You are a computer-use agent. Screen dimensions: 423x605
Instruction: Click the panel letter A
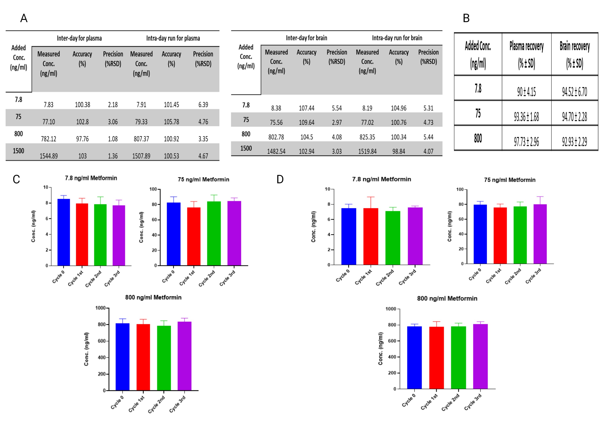[24, 18]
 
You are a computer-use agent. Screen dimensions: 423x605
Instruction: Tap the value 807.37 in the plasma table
[141, 139]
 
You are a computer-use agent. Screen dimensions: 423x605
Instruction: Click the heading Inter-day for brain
[307, 38]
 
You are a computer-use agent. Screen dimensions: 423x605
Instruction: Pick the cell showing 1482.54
[276, 151]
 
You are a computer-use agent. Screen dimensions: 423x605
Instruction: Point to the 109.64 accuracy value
[307, 122]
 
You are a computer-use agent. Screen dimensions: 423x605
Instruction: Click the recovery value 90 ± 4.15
[526, 92]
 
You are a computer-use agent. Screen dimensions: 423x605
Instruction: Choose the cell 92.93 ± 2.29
[574, 142]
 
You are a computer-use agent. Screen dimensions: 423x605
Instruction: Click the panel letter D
[280, 179]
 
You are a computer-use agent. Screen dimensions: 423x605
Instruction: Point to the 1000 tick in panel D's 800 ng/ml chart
[390, 309]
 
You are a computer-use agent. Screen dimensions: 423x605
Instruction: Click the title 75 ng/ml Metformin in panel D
[509, 180]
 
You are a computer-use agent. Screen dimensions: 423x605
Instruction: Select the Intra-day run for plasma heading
[173, 38]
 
